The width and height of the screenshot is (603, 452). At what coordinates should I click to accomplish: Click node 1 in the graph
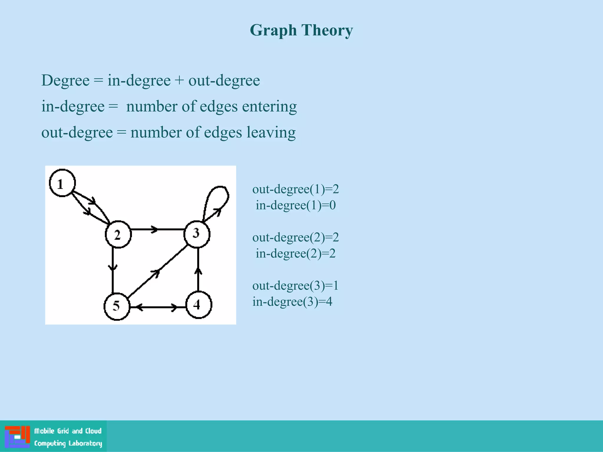[x=62, y=183]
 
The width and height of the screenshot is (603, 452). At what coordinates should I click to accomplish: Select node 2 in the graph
[x=118, y=235]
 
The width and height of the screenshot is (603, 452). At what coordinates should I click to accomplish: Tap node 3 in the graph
[x=197, y=234]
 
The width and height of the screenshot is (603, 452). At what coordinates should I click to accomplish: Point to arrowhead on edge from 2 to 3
[x=154, y=229]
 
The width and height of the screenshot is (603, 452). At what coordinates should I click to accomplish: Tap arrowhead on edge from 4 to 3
[x=198, y=270]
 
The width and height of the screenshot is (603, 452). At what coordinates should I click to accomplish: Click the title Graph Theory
[x=301, y=30]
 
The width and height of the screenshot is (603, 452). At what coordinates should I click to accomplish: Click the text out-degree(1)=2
[x=296, y=189]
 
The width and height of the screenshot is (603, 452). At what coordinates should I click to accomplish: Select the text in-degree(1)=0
[x=296, y=205]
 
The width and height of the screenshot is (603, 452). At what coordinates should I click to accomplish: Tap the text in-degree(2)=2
[x=296, y=253]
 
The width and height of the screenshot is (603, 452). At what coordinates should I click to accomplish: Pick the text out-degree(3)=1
[x=295, y=285]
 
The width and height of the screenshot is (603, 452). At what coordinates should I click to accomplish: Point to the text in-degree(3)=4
[x=292, y=302]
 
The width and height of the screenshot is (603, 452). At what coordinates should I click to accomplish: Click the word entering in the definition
[x=269, y=107]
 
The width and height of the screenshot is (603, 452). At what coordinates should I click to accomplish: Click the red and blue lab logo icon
[x=17, y=437]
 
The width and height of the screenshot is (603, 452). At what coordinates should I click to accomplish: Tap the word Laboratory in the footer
[x=85, y=443]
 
